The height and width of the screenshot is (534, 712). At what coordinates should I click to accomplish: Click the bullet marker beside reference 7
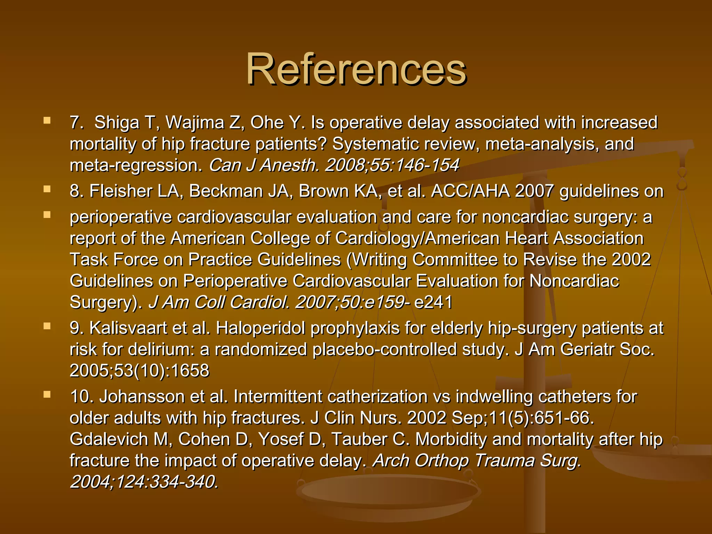(x=47, y=121)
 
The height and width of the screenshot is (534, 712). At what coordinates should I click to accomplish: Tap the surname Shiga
(x=117, y=123)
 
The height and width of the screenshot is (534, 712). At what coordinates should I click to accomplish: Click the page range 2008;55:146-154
(x=392, y=165)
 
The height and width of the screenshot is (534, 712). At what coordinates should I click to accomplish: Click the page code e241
(x=433, y=302)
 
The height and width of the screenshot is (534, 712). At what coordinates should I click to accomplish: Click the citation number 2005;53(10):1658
(x=139, y=371)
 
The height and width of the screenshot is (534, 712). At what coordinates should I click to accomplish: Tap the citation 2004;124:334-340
(x=144, y=482)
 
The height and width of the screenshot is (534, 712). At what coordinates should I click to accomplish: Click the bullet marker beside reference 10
(x=47, y=395)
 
